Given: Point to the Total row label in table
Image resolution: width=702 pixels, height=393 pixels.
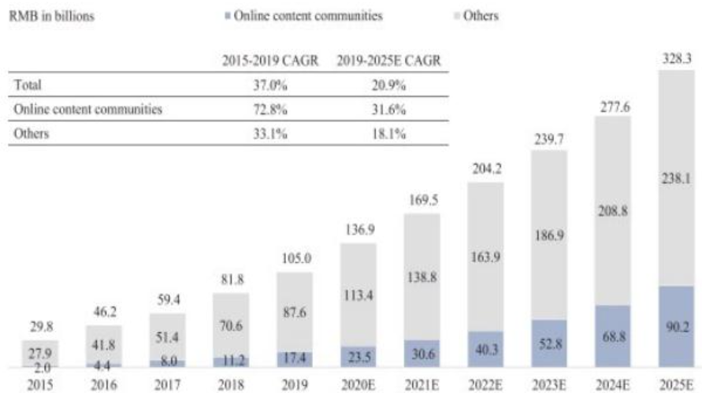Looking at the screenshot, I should coord(28,85).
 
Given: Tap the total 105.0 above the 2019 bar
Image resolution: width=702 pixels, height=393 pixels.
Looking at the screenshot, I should coord(295,261).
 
